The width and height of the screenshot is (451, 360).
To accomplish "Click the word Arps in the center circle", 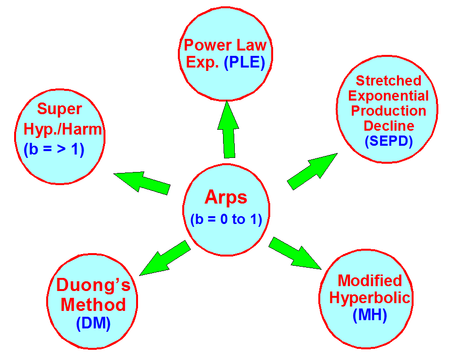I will point(226,198).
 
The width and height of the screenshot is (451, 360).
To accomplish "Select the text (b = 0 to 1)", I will point(226,220).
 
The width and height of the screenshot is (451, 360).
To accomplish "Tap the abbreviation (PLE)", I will point(244,64).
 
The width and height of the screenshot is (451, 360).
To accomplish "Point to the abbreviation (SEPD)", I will point(388,141).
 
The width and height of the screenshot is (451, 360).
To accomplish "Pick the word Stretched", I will point(388,80).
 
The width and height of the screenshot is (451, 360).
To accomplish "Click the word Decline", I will point(389,126).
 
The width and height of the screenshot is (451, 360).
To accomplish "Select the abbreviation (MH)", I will point(370,315).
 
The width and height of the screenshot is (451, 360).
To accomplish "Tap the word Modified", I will point(370,281).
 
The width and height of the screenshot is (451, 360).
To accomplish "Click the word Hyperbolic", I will point(370,298).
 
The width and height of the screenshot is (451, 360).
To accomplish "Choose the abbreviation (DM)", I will point(93,324).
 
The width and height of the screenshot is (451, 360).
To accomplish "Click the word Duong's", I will point(93,285).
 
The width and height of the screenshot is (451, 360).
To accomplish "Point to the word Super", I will point(59,109).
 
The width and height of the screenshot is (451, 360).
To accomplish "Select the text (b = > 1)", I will point(54,149).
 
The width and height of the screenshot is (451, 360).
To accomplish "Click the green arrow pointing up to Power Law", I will point(228,130).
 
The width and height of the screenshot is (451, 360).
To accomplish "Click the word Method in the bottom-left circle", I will point(93,305).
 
